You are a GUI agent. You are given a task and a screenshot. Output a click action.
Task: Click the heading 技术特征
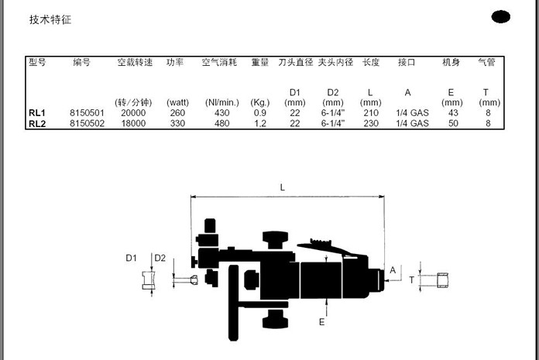tap(50, 19)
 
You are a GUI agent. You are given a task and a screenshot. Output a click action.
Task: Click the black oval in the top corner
tap(500, 17)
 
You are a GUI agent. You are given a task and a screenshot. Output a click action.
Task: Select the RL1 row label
tap(37, 113)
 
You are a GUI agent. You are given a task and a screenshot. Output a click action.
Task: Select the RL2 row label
tap(37, 124)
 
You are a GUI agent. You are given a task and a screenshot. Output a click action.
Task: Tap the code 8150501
tap(87, 113)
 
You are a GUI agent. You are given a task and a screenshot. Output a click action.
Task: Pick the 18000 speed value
tap(133, 123)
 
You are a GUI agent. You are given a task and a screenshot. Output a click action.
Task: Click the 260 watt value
tap(177, 113)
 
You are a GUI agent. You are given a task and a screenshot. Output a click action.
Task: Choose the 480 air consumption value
tap(221, 123)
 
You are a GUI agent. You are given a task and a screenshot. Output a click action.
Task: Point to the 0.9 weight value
tap(260, 113)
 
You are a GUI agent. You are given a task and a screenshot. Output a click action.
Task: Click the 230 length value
tap(371, 123)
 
